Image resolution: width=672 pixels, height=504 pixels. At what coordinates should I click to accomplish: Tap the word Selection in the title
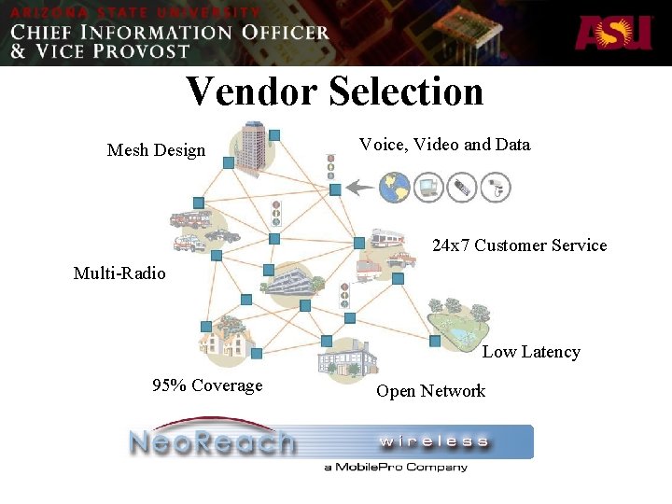coord(407,91)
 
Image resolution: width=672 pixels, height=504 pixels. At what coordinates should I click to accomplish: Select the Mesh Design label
coord(156,150)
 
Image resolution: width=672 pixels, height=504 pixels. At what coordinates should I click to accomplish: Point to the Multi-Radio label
coord(119,273)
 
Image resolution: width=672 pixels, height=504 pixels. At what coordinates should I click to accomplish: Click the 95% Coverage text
coord(207,385)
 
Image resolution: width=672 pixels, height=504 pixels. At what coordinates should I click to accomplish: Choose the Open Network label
coord(430,391)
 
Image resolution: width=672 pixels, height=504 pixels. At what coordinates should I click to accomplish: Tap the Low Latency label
coord(531,352)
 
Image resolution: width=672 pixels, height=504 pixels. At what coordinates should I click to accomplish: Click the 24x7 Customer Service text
coord(519,245)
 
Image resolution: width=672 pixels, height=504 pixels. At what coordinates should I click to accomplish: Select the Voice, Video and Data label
coord(444,145)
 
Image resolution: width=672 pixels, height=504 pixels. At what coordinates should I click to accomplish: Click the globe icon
coord(395,187)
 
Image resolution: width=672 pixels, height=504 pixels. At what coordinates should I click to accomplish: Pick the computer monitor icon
coord(428,188)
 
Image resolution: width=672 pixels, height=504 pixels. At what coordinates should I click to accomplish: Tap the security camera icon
coord(497,188)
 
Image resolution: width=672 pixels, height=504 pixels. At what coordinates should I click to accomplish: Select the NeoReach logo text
coord(212,441)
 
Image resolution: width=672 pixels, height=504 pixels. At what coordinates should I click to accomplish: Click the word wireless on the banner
coord(434,441)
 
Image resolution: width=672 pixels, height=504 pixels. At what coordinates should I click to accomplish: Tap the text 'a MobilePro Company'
coord(396,467)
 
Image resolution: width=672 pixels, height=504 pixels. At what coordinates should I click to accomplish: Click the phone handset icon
coord(462,188)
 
